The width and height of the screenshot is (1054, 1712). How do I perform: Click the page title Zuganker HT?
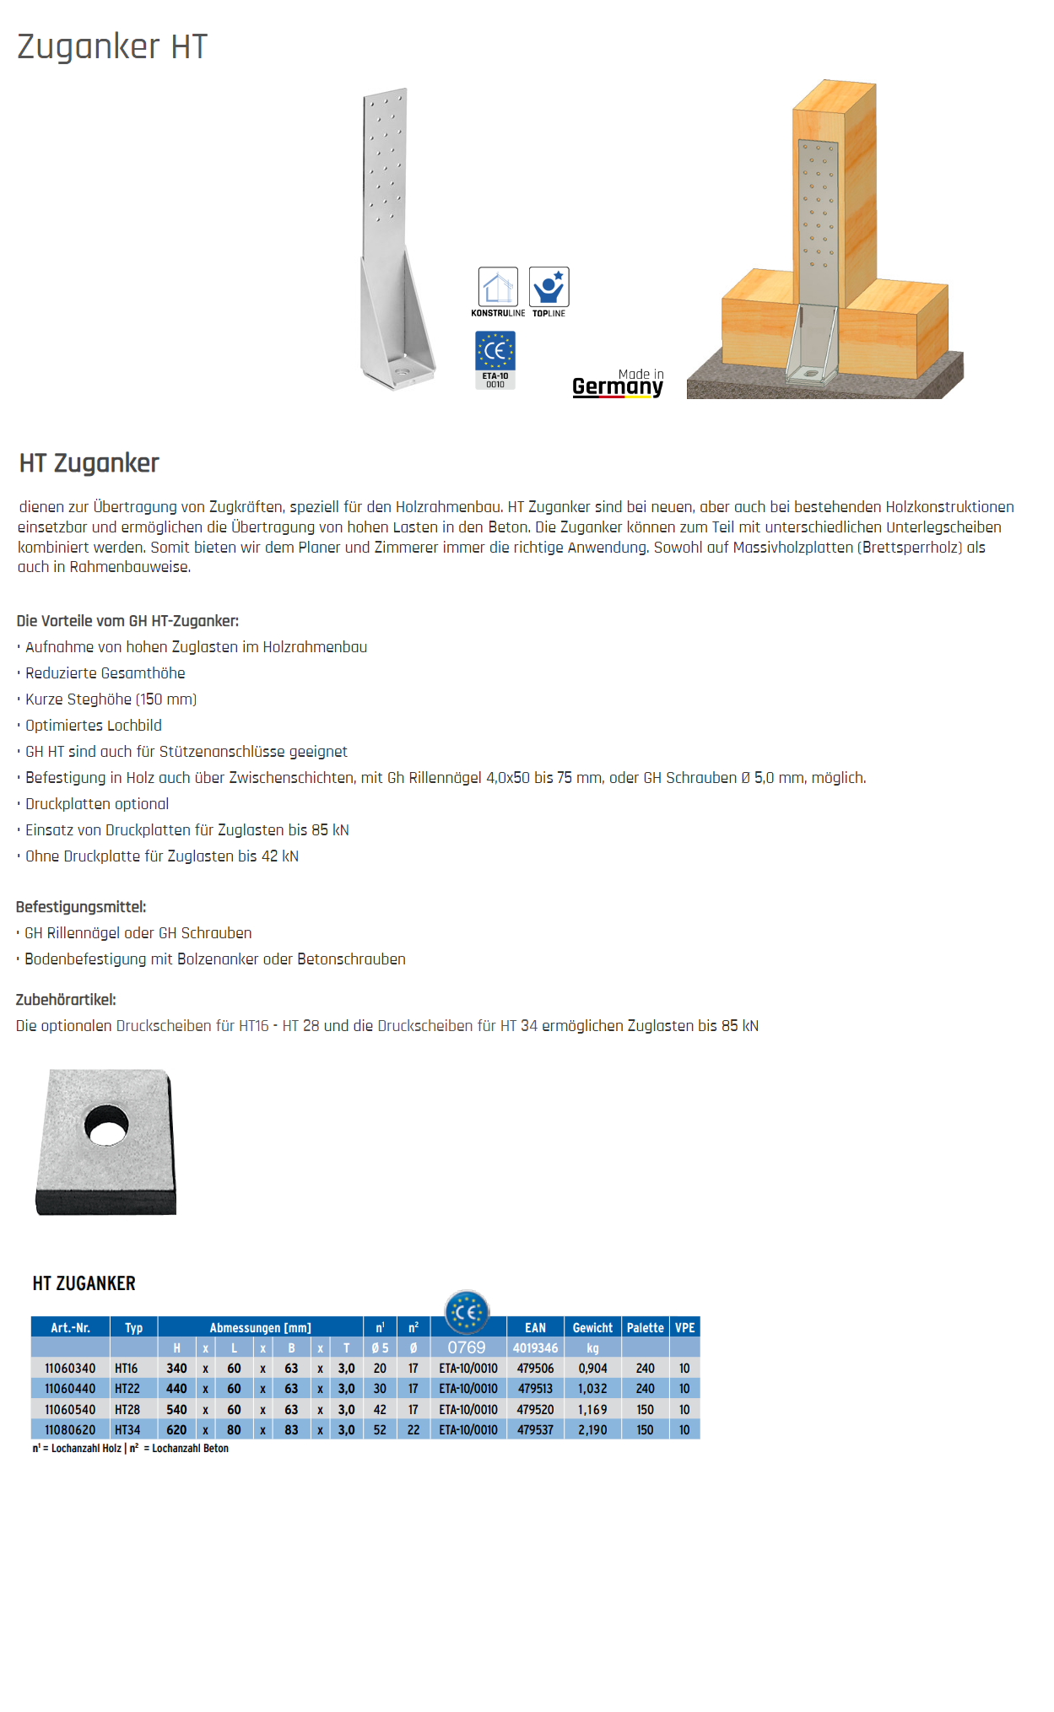[x=112, y=46]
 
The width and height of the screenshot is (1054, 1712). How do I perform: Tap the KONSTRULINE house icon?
[x=498, y=288]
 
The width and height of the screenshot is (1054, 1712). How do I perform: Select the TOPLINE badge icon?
[x=549, y=288]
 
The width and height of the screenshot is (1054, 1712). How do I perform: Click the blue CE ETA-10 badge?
[x=495, y=359]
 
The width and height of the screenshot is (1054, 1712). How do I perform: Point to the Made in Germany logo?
[x=618, y=383]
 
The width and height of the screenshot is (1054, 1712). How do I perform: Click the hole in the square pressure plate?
[x=108, y=1125]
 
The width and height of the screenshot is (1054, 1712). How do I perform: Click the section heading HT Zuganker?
[x=89, y=463]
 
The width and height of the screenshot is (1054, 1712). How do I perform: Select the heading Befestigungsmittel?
[x=81, y=907]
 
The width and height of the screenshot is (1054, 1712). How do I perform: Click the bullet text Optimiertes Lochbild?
[x=94, y=726]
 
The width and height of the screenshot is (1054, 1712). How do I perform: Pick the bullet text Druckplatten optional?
[x=97, y=804]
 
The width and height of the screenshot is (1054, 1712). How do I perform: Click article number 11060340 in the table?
[x=70, y=1369]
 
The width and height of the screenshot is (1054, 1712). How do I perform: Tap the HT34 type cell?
[x=127, y=1430]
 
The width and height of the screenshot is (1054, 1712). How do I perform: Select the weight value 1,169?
[x=592, y=1410]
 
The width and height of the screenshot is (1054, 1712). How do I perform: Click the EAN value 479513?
[x=535, y=1389]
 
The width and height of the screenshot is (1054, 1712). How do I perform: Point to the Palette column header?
[x=645, y=1328]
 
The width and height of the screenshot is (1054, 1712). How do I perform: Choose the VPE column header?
[x=684, y=1328]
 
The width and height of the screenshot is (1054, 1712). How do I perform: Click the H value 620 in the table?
[x=176, y=1430]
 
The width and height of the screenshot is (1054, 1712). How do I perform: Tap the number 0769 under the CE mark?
[x=467, y=1348]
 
